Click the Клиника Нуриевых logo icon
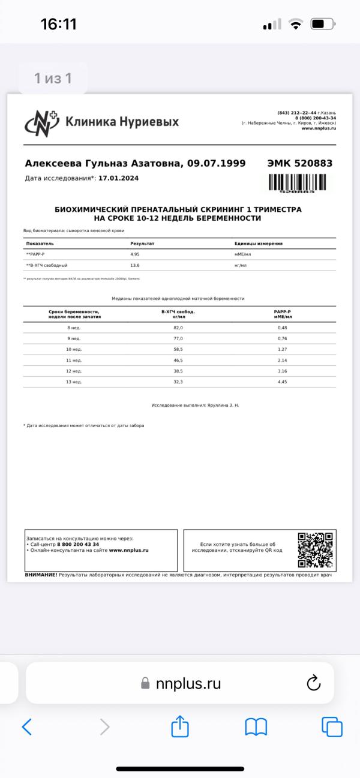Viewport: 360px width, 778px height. coord(42,122)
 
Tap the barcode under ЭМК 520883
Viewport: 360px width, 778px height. coord(298,182)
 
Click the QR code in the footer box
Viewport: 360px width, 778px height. coord(316,549)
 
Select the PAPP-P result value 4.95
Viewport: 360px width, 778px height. coord(136,254)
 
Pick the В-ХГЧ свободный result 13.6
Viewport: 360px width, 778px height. coord(136,265)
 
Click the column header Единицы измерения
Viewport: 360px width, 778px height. coord(259,244)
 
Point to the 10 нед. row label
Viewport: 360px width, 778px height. coord(74,349)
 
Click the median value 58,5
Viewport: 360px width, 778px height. coord(178,349)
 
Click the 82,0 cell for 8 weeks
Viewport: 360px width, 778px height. coord(178,328)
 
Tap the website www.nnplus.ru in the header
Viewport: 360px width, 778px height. coord(318,128)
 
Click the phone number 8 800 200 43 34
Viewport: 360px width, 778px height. coord(78,544)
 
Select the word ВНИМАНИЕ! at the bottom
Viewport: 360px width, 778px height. coord(41,575)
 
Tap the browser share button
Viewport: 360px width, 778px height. coord(180,727)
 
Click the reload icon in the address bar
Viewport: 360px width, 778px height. coord(314,683)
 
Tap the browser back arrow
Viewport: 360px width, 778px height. coord(26,727)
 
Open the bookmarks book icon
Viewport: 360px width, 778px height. coord(256,727)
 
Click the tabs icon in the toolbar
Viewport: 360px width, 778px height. coord(332,727)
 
